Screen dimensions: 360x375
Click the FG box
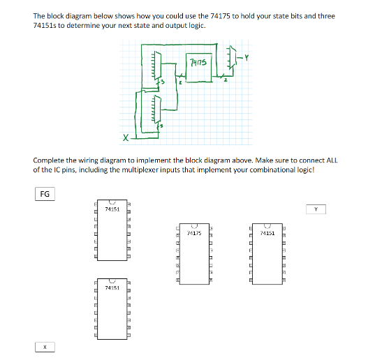click(x=44, y=194)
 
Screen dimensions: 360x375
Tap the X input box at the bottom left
click(x=44, y=346)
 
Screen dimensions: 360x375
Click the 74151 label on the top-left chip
click(x=112, y=209)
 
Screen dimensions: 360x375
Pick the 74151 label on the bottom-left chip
click(x=112, y=287)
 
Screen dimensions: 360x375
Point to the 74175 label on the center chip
click(x=195, y=234)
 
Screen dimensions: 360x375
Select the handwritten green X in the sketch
click(x=126, y=137)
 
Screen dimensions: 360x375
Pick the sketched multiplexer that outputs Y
click(x=230, y=59)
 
